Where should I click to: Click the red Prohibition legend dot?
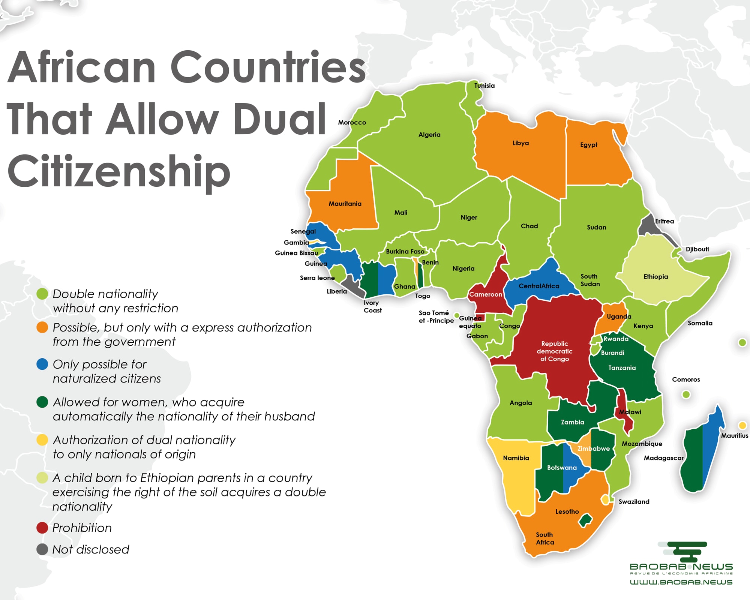tap(42, 528)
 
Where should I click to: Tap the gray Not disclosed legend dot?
tap(42, 549)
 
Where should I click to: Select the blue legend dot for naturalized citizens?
tap(42, 364)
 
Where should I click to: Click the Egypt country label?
tap(588, 145)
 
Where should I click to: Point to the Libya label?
tap(520, 143)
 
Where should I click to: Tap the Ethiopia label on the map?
tap(655, 277)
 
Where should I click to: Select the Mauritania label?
tap(345, 204)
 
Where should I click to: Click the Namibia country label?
tap(516, 458)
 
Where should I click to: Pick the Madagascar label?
tap(663, 458)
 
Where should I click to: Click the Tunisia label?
tap(484, 85)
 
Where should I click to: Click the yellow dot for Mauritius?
tap(742, 425)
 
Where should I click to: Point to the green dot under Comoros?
tap(686, 394)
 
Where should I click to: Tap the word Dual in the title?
tap(279, 119)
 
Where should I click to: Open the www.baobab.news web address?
tap(681, 582)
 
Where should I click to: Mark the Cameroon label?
tap(486, 294)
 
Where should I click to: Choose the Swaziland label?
tap(634, 502)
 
